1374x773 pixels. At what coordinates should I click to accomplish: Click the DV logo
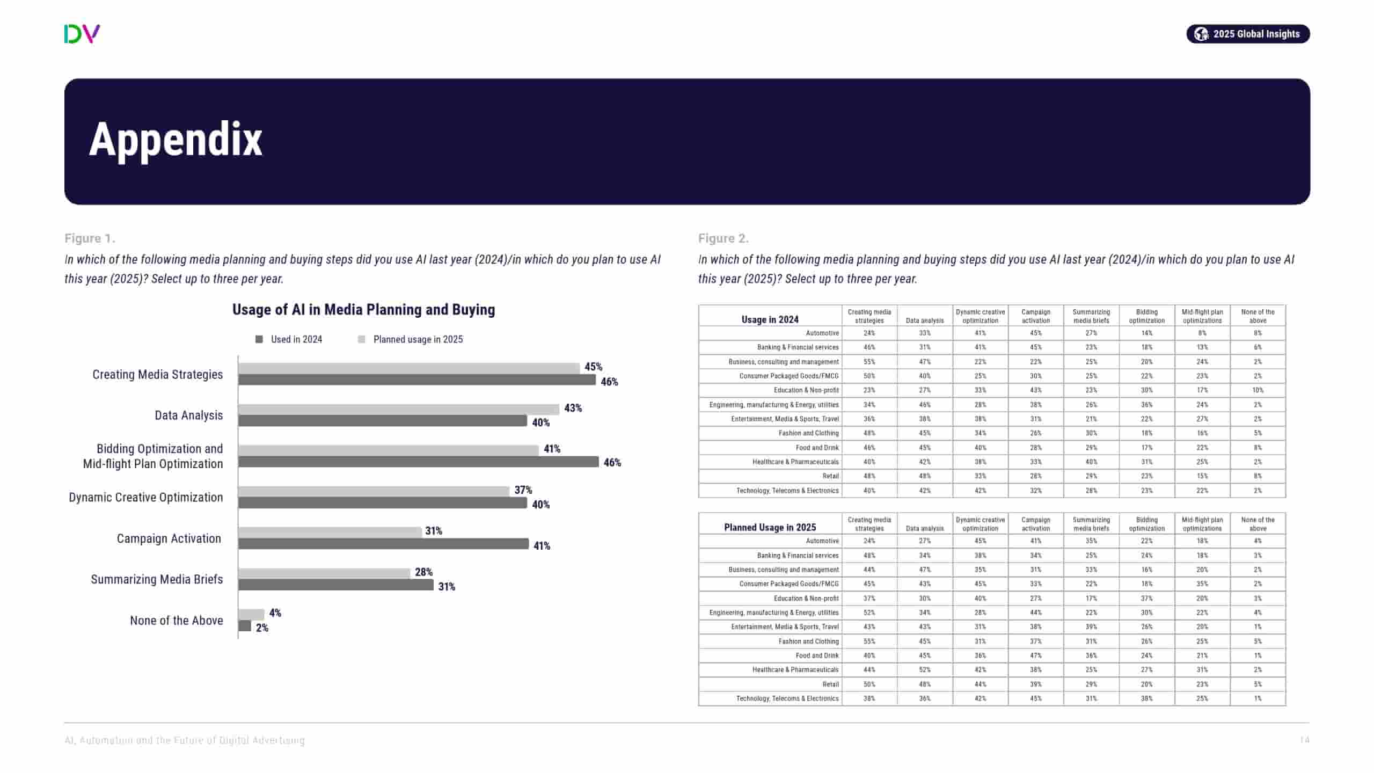[82, 34]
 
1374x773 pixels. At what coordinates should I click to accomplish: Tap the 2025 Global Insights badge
[1247, 34]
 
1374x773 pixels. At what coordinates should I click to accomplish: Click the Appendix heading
[176, 140]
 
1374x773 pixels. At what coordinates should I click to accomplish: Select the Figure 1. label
[90, 238]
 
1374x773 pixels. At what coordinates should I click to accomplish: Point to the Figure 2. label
[723, 238]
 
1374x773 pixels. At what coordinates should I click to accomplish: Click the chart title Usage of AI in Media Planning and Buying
[363, 310]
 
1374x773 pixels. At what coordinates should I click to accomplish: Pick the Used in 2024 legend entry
[296, 339]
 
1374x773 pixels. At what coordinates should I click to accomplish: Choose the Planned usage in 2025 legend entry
[418, 339]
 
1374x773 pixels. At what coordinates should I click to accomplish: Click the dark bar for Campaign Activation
[383, 544]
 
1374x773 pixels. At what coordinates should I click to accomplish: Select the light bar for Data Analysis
[398, 410]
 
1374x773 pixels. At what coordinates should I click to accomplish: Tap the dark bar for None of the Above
[245, 626]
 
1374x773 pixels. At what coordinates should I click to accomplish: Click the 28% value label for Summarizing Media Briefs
[423, 572]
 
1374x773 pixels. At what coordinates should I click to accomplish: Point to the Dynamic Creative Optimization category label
[145, 498]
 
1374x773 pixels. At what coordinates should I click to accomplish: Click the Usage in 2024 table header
[770, 319]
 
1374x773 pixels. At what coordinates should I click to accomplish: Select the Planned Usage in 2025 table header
[770, 527]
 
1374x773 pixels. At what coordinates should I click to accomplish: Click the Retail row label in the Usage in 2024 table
[830, 476]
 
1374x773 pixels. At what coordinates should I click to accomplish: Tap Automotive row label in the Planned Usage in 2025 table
[822, 541]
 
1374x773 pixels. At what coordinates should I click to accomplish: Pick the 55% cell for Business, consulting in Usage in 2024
[869, 362]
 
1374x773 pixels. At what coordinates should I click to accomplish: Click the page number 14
[1304, 740]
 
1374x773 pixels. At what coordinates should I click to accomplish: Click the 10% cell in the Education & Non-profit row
[1258, 390]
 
